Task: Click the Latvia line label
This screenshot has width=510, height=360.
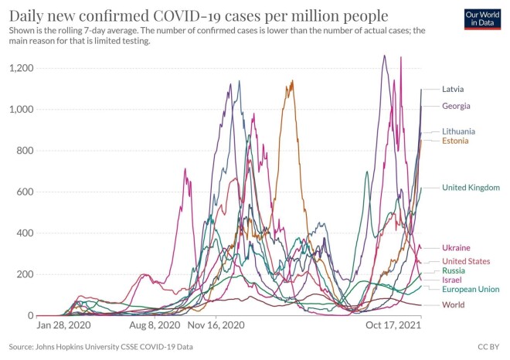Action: click(454, 89)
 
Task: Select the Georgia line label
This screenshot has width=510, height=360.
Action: click(456, 106)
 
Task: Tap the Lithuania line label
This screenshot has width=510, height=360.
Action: click(459, 131)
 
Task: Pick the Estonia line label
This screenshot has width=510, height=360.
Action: click(456, 141)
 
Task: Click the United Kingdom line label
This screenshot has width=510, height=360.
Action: click(471, 188)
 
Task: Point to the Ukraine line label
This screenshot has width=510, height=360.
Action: click(456, 248)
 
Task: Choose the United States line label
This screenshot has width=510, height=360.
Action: click(465, 262)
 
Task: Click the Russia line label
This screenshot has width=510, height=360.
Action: click(453, 271)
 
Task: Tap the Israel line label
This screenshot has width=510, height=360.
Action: click(452, 280)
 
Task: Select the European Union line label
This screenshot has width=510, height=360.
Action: click(470, 289)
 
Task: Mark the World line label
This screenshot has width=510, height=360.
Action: click(453, 305)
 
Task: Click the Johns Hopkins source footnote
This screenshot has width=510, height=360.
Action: click(100, 347)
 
